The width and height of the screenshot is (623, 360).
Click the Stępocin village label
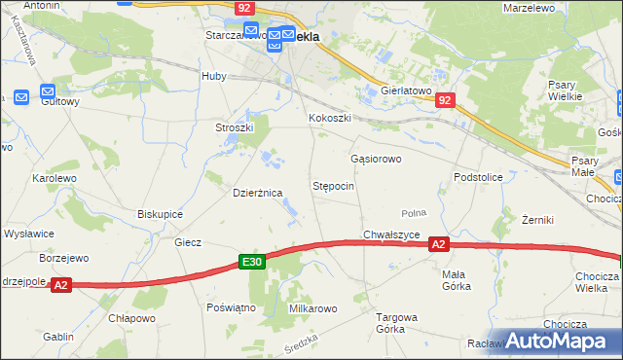click(x=333, y=185)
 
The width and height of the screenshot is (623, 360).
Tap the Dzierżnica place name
click(x=257, y=193)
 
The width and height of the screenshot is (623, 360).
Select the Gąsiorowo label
click(x=376, y=158)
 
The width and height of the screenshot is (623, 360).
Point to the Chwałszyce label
click(x=391, y=234)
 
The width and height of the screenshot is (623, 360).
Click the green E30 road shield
click(x=252, y=262)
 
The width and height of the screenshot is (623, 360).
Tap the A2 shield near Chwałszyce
click(x=439, y=245)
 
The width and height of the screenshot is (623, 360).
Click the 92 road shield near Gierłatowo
click(x=445, y=99)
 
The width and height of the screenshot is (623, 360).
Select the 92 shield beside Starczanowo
click(x=245, y=8)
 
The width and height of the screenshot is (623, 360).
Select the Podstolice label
click(x=477, y=177)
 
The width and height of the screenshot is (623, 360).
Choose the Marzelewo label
click(x=530, y=8)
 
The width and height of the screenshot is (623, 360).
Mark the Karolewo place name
click(x=55, y=179)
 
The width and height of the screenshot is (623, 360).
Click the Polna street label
click(x=415, y=213)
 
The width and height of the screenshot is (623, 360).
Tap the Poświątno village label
click(x=231, y=306)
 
